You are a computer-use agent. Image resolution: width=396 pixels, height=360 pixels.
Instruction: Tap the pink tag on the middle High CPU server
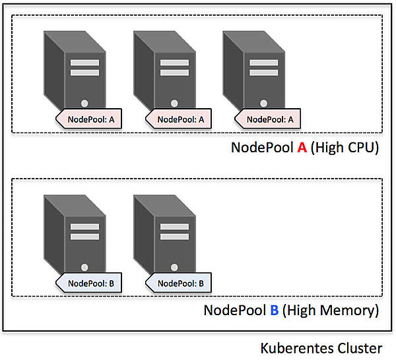178,119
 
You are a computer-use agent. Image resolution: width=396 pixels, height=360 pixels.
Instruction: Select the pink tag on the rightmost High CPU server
268,119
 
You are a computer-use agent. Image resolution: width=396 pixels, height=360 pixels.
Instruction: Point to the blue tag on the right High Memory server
178,284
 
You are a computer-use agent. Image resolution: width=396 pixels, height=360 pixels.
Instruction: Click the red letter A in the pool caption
302,147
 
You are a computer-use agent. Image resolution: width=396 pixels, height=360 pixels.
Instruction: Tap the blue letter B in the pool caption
275,310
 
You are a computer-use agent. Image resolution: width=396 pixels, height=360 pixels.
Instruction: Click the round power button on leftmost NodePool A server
84,103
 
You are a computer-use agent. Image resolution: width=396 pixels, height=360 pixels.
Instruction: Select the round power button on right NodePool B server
174,268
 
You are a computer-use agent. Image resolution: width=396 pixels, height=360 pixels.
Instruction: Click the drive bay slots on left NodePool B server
84,232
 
